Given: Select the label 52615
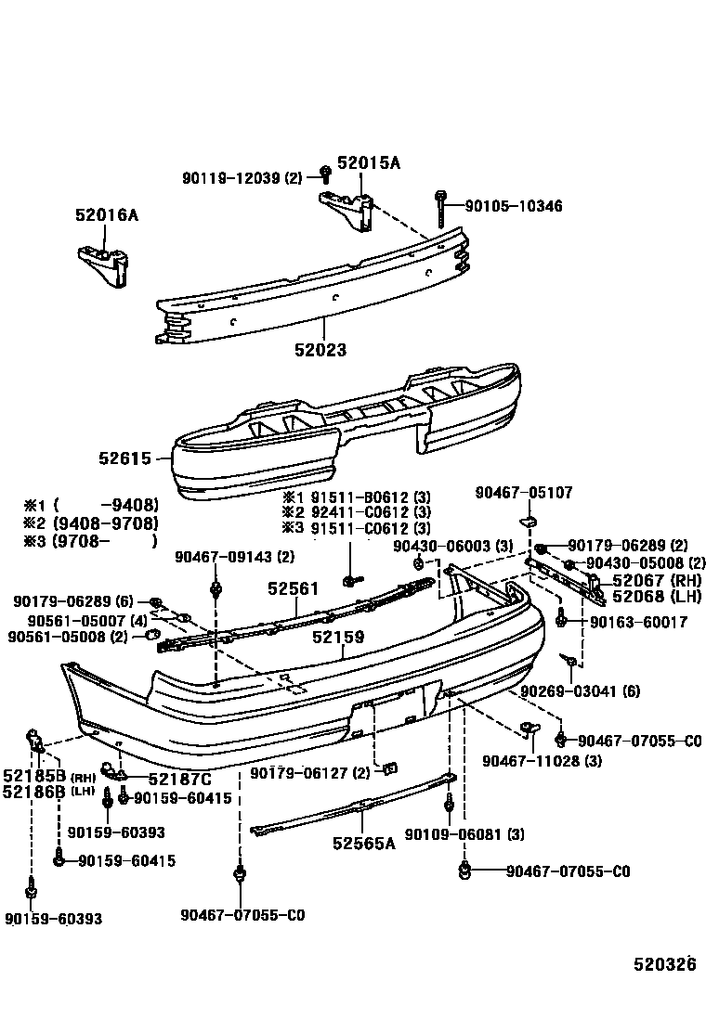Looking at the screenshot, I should [124, 458].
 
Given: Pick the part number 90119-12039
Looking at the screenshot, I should [233, 177].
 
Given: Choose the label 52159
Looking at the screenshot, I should [338, 638].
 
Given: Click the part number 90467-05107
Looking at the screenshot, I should [524, 492].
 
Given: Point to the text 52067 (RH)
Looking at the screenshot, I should [656, 581].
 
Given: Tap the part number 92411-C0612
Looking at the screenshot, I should [357, 511].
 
